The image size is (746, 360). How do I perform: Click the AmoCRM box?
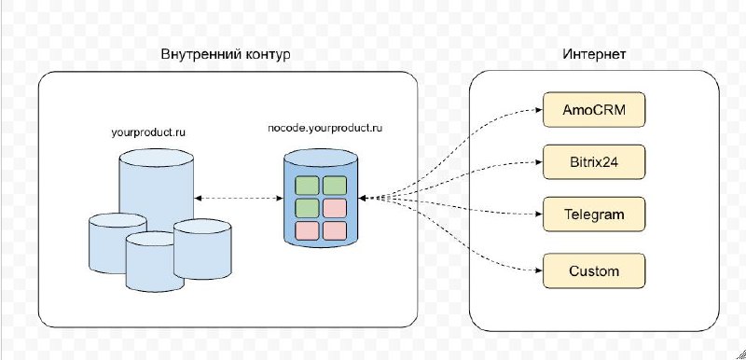click(593, 111)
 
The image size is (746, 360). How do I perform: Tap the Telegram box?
click(593, 215)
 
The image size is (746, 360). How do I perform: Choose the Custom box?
click(593, 271)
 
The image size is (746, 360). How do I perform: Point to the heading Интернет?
click(594, 55)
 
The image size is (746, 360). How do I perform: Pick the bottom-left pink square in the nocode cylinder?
click(309, 229)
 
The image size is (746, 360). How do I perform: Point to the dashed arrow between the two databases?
click(240, 198)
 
